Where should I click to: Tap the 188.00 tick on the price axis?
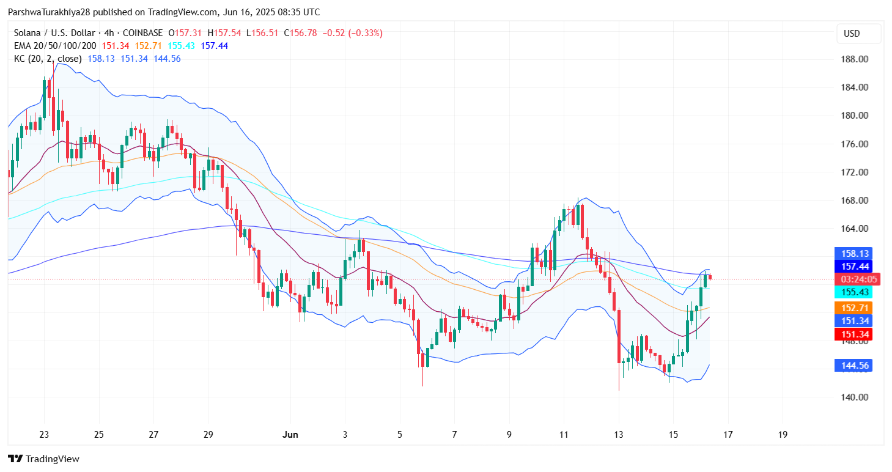pos(855,59)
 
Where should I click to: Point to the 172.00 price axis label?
pos(855,172)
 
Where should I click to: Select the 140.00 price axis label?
pos(855,397)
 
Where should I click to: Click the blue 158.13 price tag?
pos(853,254)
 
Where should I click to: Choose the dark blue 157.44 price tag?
pos(853,266)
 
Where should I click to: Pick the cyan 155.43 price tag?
pos(853,292)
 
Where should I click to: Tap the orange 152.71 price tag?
pos(853,308)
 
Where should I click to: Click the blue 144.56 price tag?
pos(853,366)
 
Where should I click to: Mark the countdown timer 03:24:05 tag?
pos(853,279)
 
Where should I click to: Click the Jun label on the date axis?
pos(290,435)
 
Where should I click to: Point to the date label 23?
pos(44,435)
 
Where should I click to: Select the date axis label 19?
pos(783,435)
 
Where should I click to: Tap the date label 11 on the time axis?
pos(564,435)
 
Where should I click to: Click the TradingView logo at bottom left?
pos(44,459)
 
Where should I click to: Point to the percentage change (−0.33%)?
pos(366,33)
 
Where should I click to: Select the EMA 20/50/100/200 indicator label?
pos(54,46)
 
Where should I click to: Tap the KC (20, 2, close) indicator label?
pos(47,59)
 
